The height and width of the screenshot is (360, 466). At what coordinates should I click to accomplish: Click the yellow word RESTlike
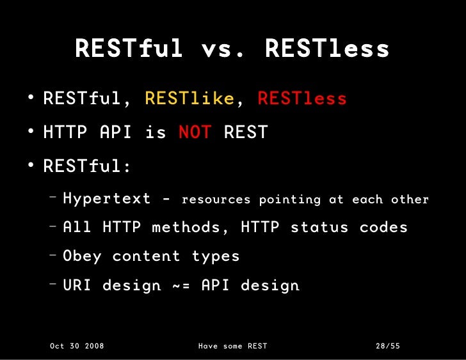point(189,99)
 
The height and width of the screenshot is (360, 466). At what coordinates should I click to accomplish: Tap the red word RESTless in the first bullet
point(301,99)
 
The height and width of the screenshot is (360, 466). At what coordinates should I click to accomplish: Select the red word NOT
point(194,132)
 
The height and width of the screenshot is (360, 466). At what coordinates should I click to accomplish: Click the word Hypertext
point(107,199)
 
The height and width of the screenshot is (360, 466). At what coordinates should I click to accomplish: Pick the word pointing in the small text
point(289,200)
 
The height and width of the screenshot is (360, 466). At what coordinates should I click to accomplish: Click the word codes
point(383,227)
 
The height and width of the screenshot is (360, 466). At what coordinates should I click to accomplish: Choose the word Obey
point(82,256)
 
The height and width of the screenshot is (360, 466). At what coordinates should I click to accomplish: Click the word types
point(216,256)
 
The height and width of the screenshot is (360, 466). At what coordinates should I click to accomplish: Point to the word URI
point(77,285)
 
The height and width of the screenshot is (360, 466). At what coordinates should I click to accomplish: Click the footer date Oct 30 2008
point(77,346)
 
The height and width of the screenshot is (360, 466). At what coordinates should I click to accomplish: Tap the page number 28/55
point(387,346)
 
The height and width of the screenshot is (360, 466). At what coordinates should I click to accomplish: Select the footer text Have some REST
point(232,346)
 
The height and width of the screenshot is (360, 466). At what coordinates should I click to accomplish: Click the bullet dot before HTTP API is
point(31,132)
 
